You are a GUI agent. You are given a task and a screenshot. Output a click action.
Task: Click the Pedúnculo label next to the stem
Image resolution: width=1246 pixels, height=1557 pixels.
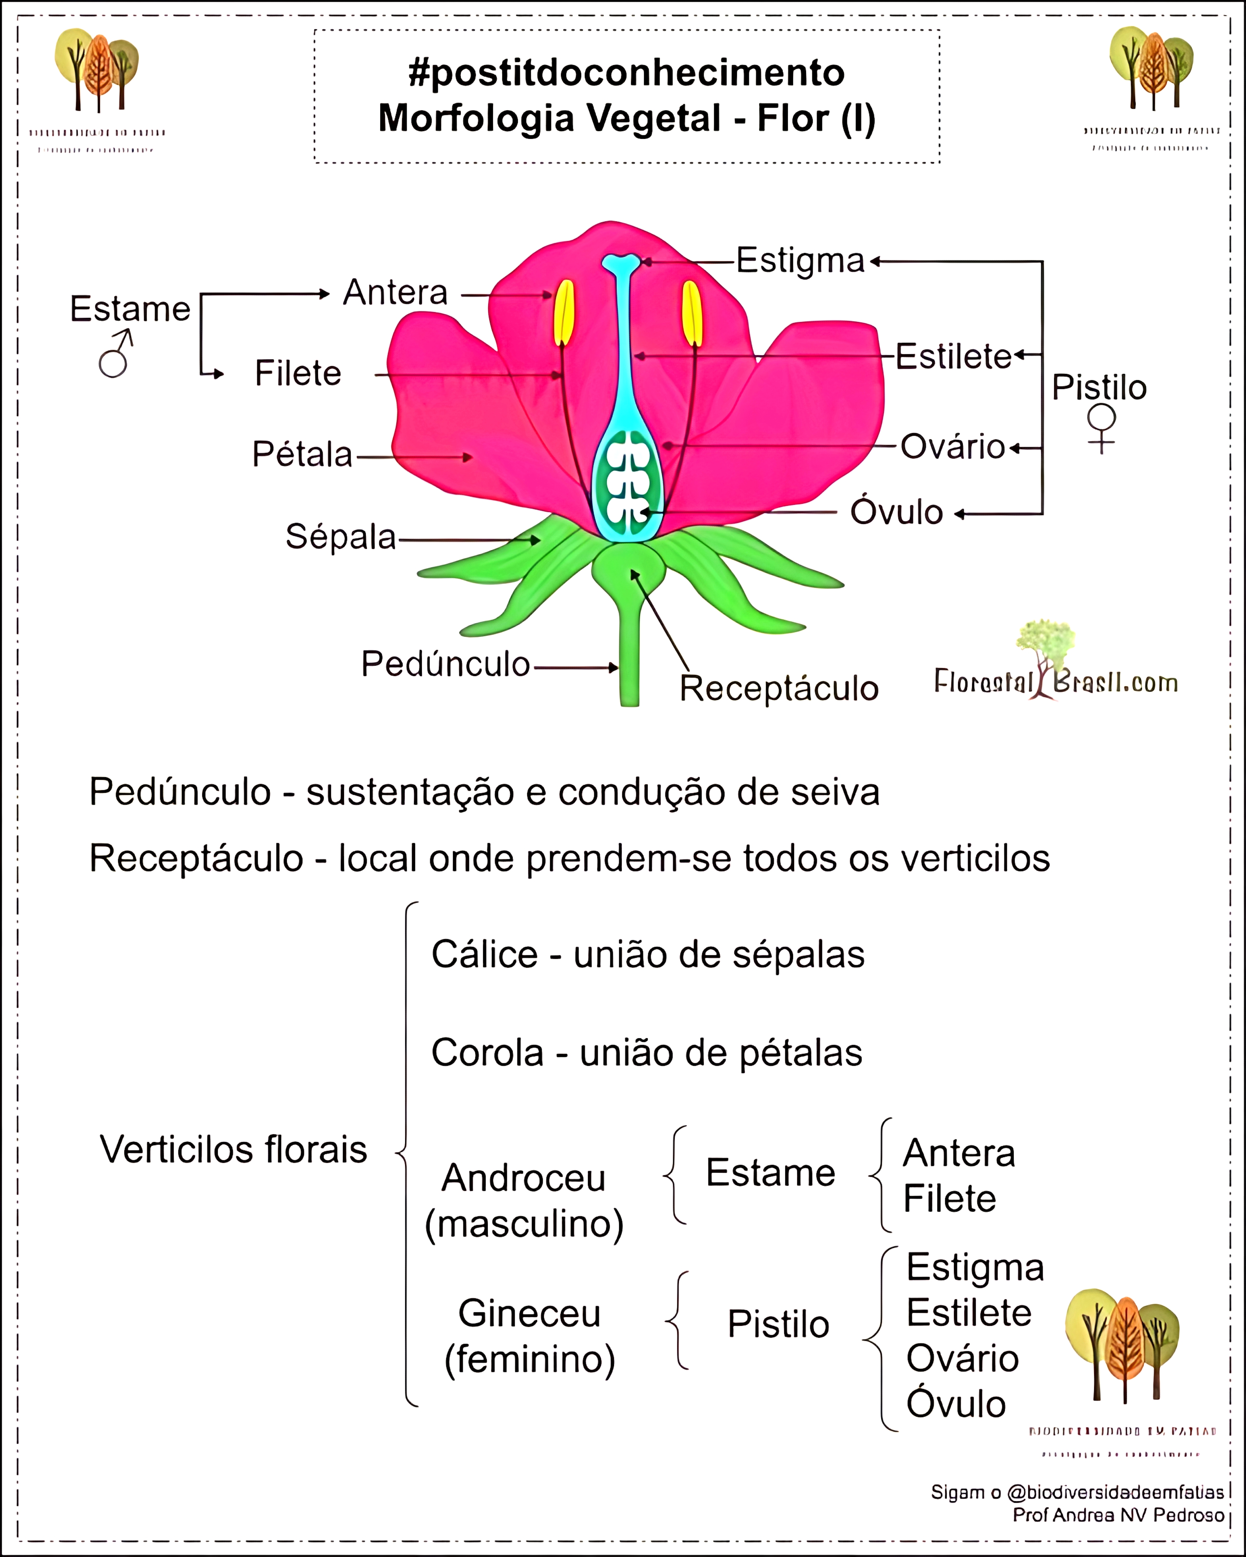(x=445, y=664)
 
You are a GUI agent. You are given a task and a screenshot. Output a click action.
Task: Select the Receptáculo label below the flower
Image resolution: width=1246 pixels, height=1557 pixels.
(x=779, y=688)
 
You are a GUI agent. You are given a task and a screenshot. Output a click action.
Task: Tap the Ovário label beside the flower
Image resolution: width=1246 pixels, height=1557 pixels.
(x=952, y=447)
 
